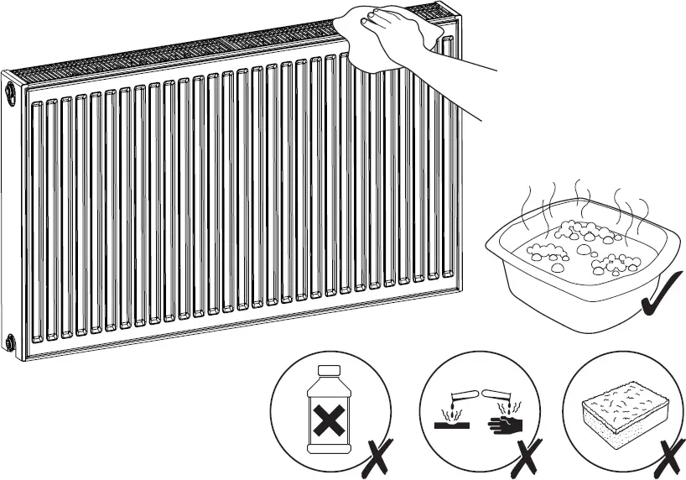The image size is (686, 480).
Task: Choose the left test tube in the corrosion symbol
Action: coord(460,391)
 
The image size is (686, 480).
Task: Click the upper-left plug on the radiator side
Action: coord(10,87)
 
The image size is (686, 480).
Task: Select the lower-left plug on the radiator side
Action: coord(10,342)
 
